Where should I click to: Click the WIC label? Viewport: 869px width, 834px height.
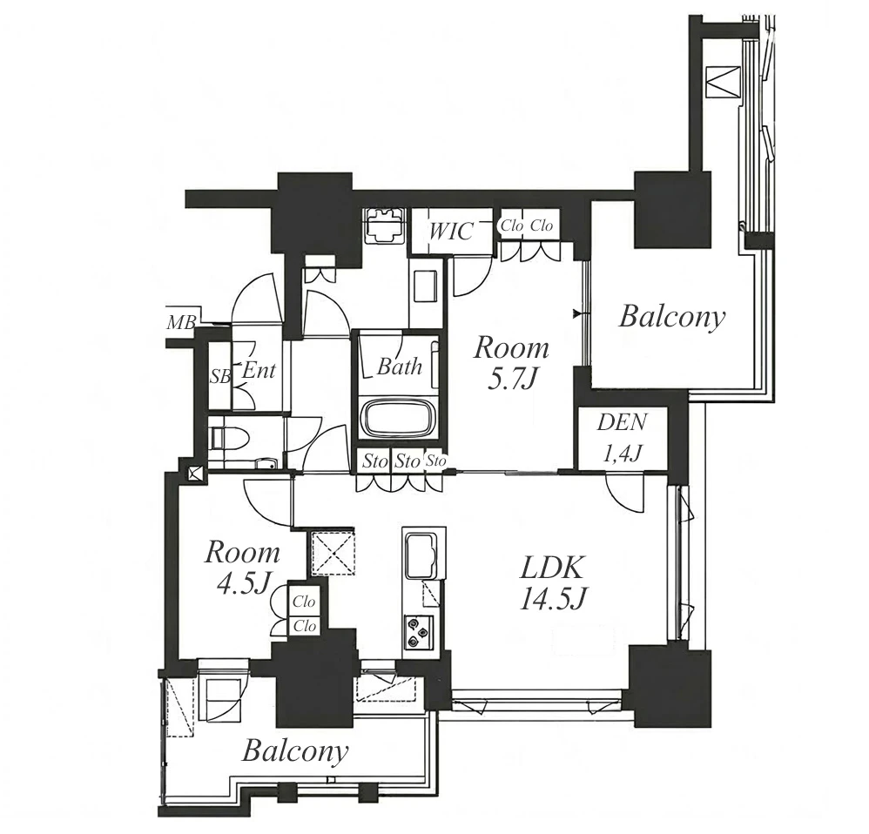click(x=451, y=231)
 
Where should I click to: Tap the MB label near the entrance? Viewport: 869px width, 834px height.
click(x=181, y=322)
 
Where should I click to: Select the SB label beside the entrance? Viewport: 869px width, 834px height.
click(x=220, y=377)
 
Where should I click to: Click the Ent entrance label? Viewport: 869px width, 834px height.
click(x=259, y=370)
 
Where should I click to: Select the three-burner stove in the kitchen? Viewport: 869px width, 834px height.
click(x=419, y=632)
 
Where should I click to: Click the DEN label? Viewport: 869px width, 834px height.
click(x=621, y=422)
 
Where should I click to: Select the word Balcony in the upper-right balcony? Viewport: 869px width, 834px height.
click(x=671, y=318)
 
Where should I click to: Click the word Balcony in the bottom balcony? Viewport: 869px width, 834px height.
click(x=295, y=752)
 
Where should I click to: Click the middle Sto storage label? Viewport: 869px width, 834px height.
click(x=407, y=461)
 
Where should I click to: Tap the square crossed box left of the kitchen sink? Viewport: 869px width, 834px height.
click(x=332, y=553)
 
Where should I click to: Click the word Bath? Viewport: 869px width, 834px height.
click(x=400, y=367)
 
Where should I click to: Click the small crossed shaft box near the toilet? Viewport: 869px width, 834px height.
click(x=194, y=474)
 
